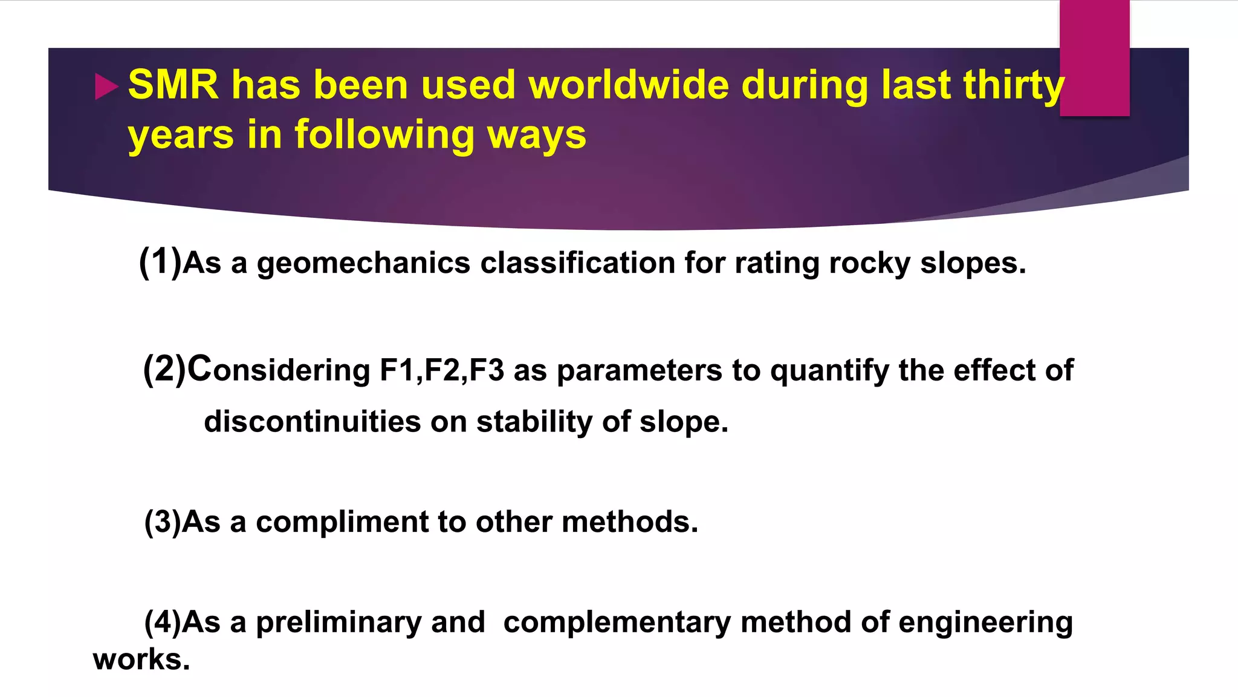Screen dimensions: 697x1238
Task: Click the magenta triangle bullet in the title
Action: click(x=106, y=87)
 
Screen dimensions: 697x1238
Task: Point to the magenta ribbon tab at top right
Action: click(x=1094, y=57)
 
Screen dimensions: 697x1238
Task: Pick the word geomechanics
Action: click(x=363, y=264)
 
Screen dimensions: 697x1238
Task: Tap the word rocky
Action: click(x=869, y=264)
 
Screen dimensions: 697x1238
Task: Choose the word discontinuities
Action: click(x=312, y=421)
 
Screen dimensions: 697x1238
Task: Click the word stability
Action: click(x=534, y=422)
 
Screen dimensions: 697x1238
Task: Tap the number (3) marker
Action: click(x=163, y=522)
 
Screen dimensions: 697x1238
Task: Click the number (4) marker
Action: click(x=163, y=622)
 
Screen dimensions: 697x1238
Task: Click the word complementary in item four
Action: click(x=617, y=623)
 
